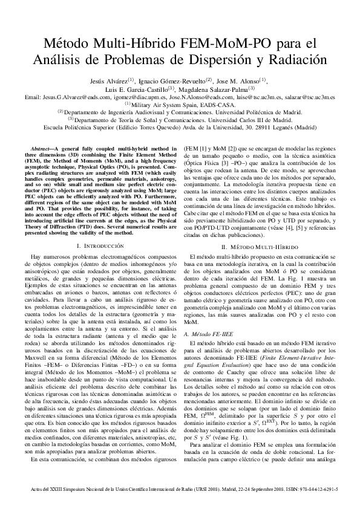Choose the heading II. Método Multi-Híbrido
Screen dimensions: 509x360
[x=258, y=246]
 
